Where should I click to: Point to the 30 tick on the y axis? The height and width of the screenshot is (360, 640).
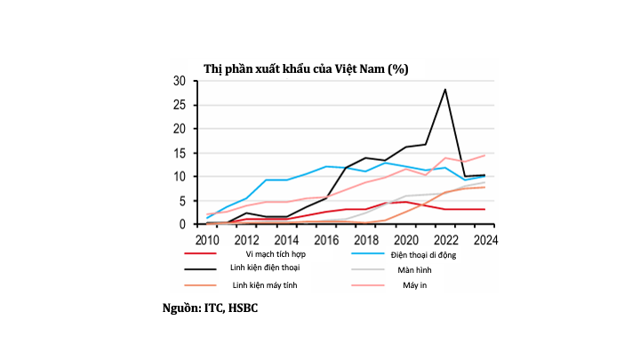click(179, 81)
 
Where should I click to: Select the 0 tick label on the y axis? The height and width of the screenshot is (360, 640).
click(181, 225)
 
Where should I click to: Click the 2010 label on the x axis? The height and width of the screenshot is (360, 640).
click(207, 239)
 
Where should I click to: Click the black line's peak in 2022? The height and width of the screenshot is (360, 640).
click(445, 89)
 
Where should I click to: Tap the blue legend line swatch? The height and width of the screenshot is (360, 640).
click(369, 254)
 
